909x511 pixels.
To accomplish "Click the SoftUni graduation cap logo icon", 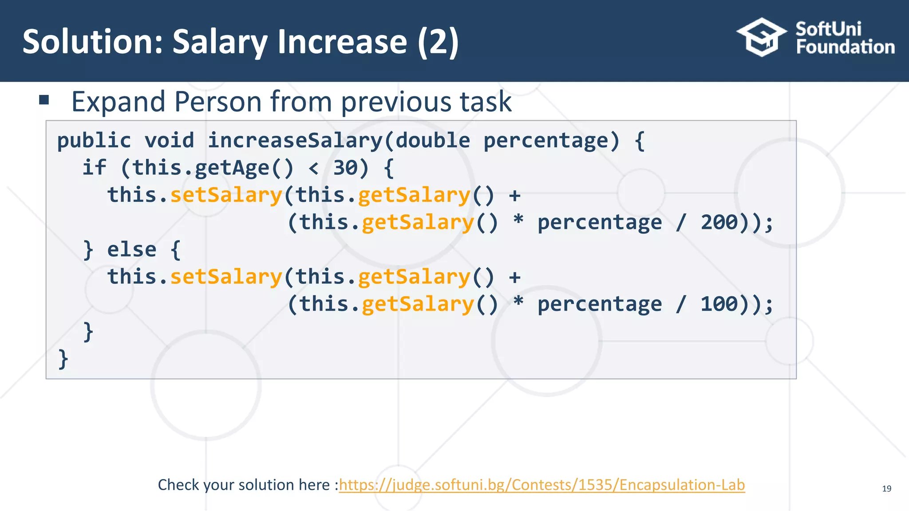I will [x=761, y=37].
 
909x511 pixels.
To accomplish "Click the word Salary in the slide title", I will [x=220, y=42].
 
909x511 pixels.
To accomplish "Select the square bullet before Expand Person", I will [x=44, y=100].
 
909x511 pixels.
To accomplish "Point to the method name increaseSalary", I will [x=295, y=141].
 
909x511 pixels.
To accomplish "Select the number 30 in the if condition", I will [x=345, y=168].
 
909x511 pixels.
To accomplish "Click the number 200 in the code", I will [x=719, y=222].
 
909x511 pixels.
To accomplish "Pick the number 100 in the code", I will [x=719, y=304].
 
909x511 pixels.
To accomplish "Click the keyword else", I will [x=132, y=250].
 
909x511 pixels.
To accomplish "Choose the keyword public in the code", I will [x=94, y=141].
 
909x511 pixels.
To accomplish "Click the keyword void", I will [x=170, y=141].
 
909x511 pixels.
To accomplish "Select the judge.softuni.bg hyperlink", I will [x=541, y=485].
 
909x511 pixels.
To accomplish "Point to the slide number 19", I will [x=886, y=489].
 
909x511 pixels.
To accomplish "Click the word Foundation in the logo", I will [x=845, y=47].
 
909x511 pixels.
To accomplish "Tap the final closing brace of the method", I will [x=63, y=359].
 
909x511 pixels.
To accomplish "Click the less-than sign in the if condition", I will [x=313, y=168].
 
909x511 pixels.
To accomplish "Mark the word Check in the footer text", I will [x=178, y=485].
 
